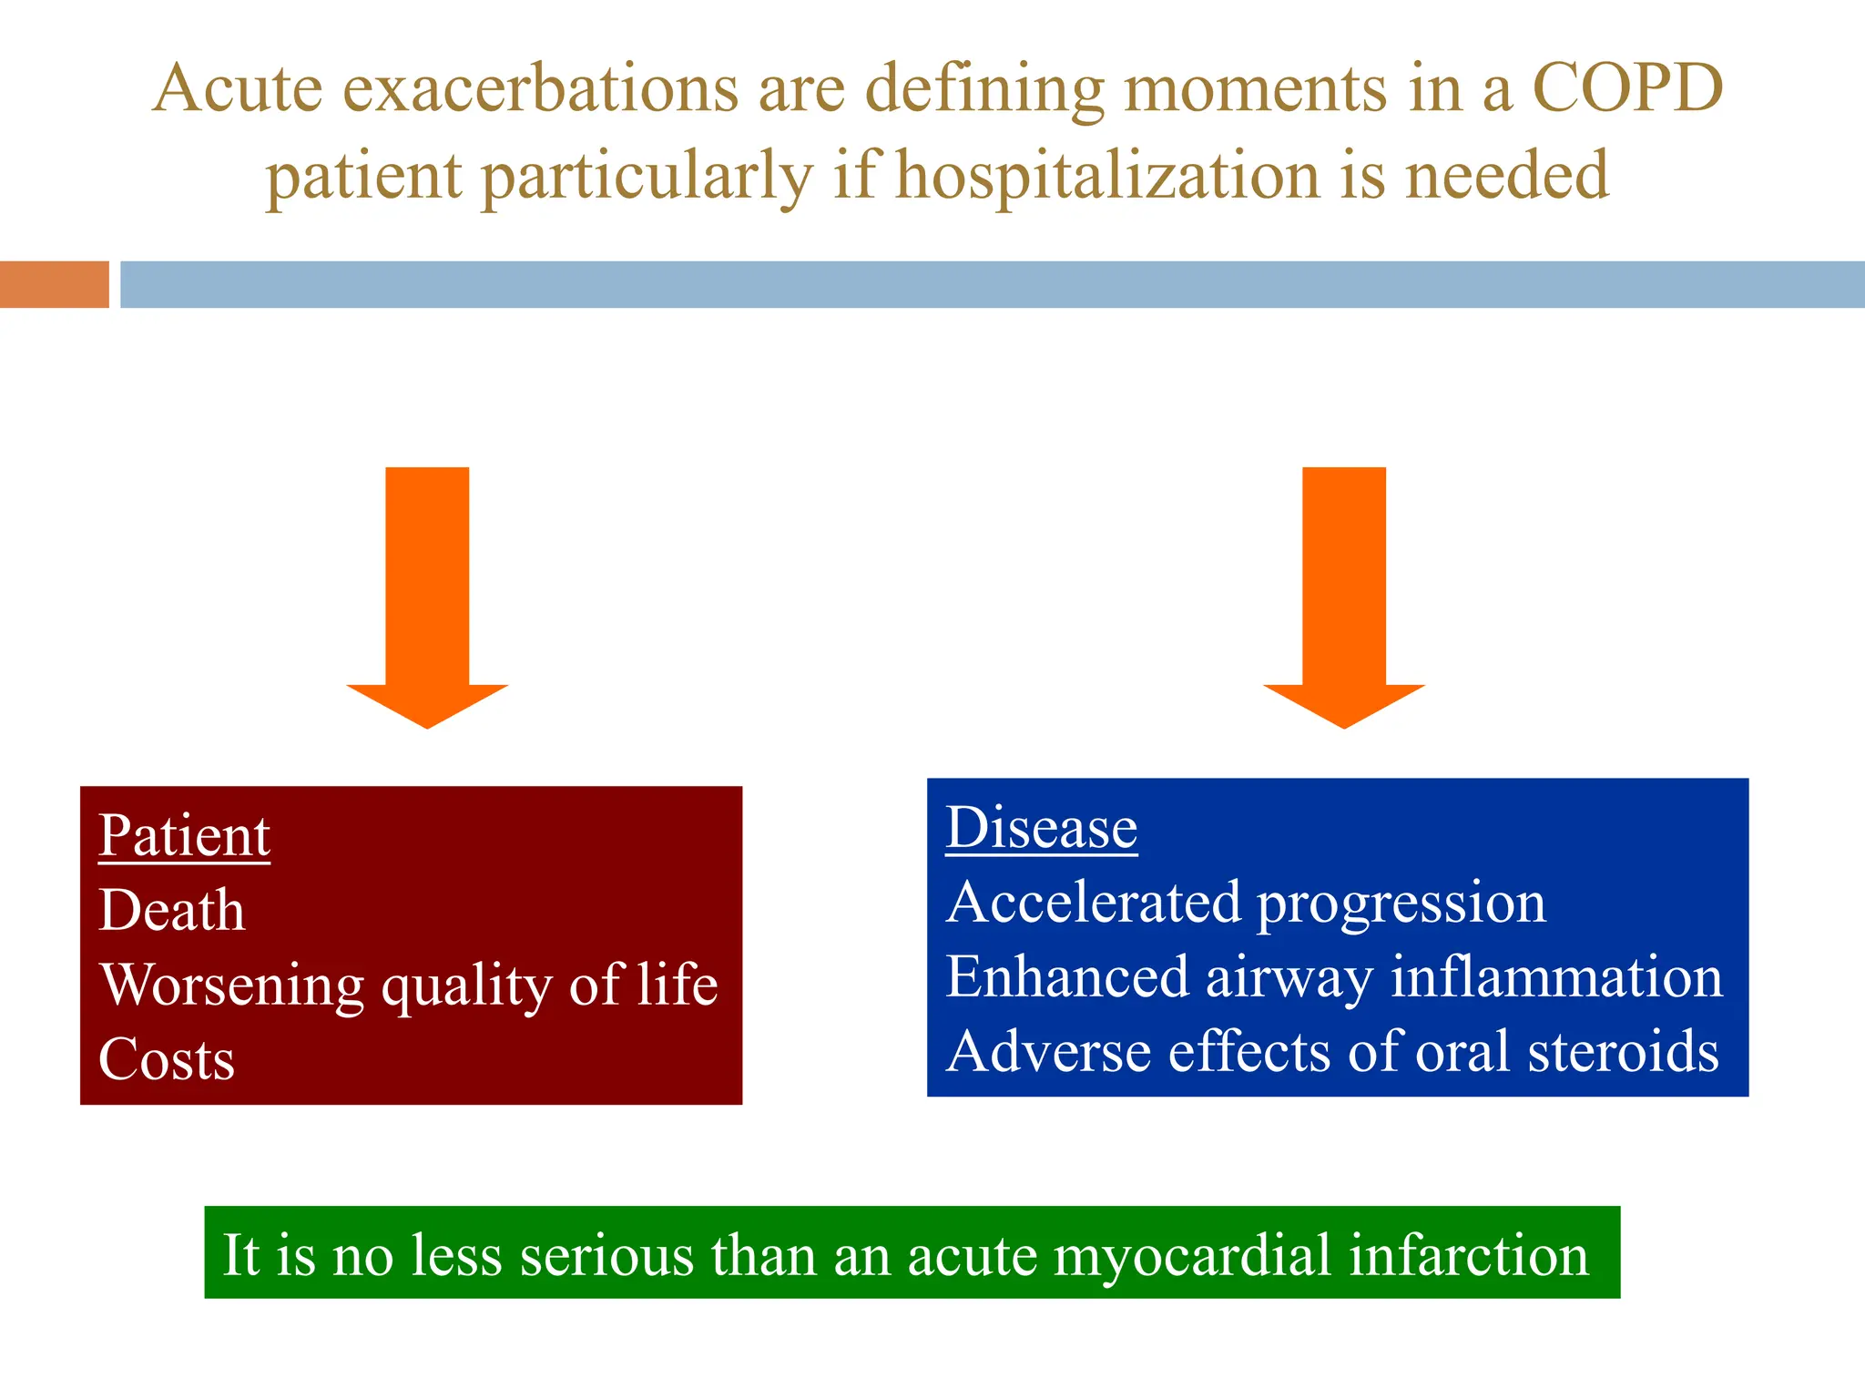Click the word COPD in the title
point(1627,89)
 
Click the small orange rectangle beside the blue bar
point(54,284)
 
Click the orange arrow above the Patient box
point(427,592)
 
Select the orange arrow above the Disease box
point(1343,592)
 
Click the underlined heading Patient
point(184,835)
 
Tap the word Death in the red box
point(172,910)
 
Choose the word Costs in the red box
point(167,1059)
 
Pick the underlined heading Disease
point(1042,828)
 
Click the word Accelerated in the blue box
point(1093,903)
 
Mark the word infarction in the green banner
point(1468,1254)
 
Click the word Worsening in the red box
point(231,986)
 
